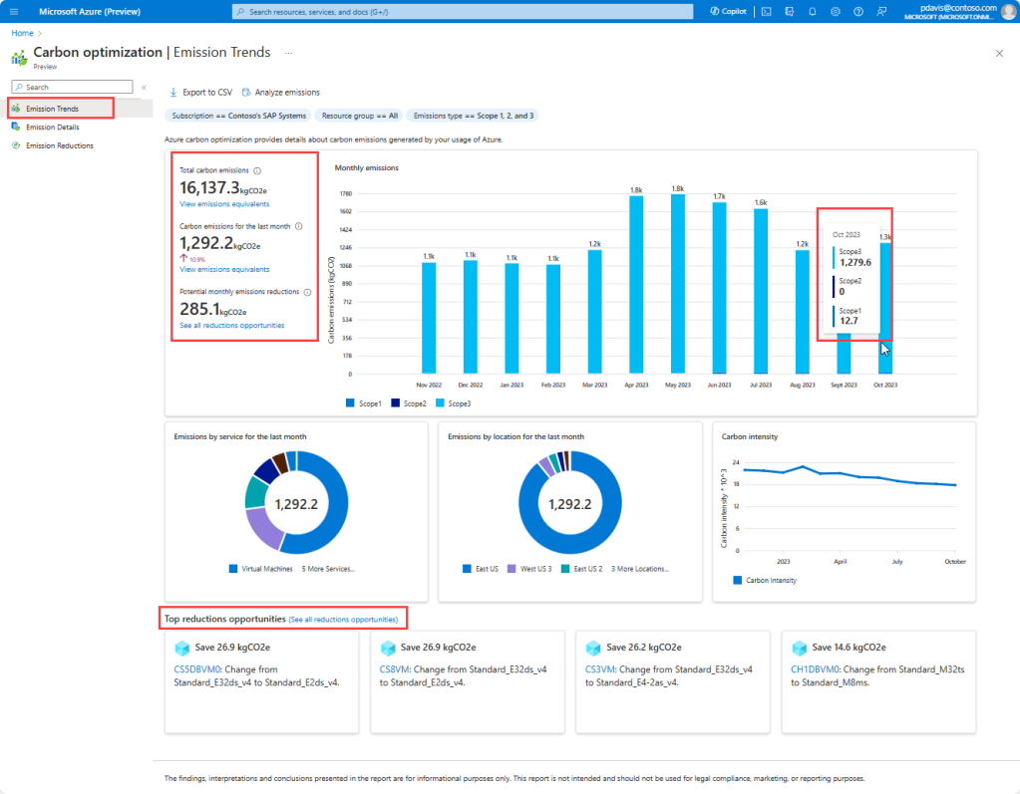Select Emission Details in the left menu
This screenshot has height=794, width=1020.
[x=52, y=127]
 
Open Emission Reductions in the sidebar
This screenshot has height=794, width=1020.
[x=59, y=145]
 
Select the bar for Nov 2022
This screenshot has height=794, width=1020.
[x=429, y=318]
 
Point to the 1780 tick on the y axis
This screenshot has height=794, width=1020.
[x=345, y=193]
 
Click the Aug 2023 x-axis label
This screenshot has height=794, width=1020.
[x=803, y=384]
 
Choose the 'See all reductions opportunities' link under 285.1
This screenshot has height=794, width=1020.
[x=231, y=326]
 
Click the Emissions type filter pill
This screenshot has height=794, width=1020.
[x=472, y=116]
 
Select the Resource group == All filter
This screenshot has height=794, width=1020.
[x=359, y=116]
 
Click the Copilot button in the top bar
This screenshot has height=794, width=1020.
[x=728, y=11]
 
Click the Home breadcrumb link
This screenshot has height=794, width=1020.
[x=20, y=33]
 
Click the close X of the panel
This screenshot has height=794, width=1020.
[x=999, y=52]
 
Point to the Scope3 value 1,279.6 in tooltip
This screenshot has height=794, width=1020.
[x=854, y=263]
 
